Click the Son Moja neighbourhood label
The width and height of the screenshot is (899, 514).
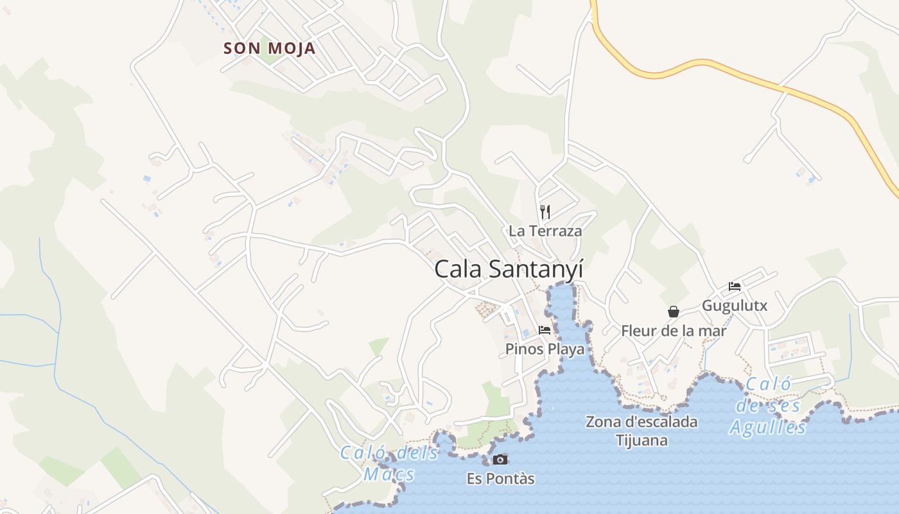269,48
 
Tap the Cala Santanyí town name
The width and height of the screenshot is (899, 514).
509,269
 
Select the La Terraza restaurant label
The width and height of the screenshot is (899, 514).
545,231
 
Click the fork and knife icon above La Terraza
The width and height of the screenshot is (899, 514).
545,211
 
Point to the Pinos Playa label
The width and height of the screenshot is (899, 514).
545,349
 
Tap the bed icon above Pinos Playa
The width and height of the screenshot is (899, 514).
545,330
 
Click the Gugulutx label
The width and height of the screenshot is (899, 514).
734,305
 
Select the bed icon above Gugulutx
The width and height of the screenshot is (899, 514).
735,287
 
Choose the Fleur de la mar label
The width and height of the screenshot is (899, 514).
673,331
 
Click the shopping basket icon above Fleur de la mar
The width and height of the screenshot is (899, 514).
673,312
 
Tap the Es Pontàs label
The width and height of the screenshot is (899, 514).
500,479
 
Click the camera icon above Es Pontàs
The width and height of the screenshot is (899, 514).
500,459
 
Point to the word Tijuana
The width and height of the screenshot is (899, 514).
642,441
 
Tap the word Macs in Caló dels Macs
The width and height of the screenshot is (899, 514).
388,475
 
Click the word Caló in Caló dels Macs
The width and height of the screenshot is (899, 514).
363,453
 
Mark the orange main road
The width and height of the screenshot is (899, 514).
706,64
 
